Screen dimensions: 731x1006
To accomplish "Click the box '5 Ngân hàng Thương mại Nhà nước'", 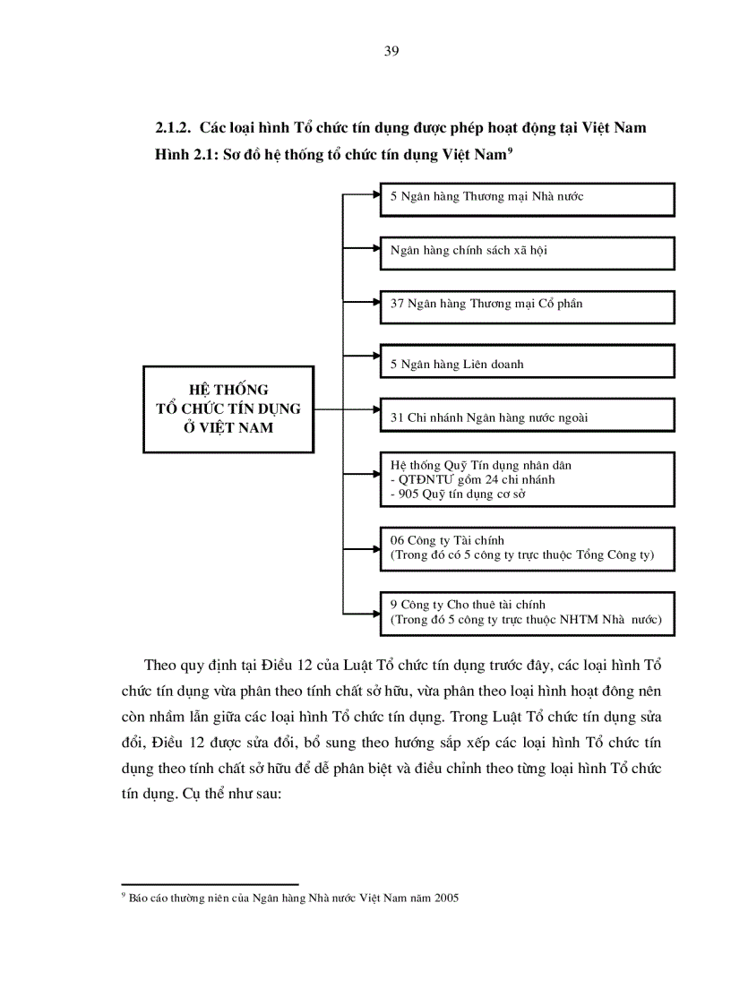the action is point(527,199).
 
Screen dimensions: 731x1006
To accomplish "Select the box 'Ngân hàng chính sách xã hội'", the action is point(527,252).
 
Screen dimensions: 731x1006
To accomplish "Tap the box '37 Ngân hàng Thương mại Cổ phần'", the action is point(527,305).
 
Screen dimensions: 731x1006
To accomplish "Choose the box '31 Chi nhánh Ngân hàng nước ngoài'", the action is point(527,415).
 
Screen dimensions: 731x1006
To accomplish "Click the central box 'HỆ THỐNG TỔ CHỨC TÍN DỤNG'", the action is point(228,408).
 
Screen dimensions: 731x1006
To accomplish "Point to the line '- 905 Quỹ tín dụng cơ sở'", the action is point(457,494).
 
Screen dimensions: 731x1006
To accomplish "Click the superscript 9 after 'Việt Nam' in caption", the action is point(509,150).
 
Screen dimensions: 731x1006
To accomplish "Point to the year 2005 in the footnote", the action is point(445,898).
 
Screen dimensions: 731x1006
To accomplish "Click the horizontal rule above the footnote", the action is point(210,883).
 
